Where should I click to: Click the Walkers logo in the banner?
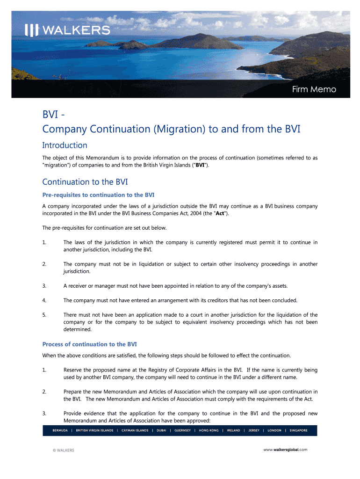[67, 30]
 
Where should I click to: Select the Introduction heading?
[65, 145]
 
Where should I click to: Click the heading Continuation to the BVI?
[85, 181]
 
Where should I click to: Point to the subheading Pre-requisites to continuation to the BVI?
[98, 195]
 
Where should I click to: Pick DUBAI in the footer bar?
[161, 430]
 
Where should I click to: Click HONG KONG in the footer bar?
[209, 430]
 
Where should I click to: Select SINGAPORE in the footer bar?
[298, 430]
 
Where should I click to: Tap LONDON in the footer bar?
[274, 430]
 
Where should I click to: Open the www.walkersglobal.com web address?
[285, 450]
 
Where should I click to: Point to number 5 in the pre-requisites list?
[44, 315]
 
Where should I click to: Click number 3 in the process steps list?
[44, 413]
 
